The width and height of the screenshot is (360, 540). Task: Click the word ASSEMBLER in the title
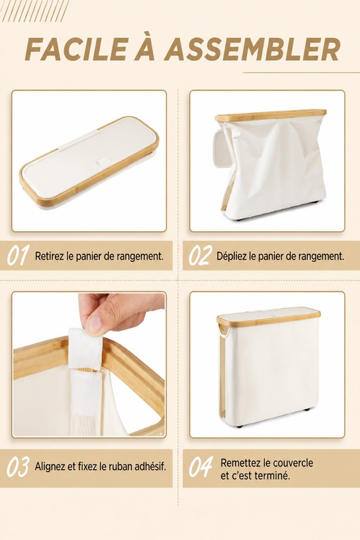tap(252, 49)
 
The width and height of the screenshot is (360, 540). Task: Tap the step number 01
tap(18, 255)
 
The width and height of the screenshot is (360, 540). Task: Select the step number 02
tap(201, 255)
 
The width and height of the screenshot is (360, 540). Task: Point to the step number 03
tap(18, 467)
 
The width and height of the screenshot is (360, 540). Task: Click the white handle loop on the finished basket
tap(224, 332)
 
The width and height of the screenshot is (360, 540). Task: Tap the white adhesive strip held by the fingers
tap(84, 348)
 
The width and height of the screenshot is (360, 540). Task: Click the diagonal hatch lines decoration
tap(35, 10)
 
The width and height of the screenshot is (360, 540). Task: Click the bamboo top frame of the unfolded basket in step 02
tap(271, 115)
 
